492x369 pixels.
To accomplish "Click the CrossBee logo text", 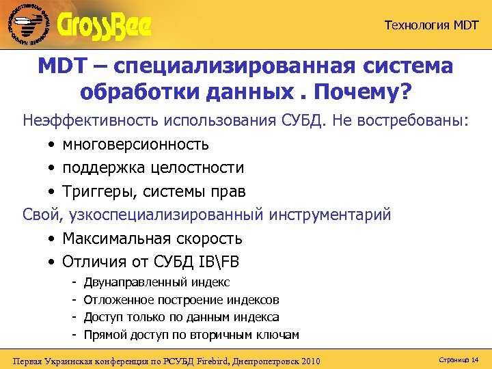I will tap(105, 26).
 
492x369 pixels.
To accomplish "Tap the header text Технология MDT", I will tap(431, 26).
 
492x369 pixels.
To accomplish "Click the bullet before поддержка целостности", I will tap(52, 168).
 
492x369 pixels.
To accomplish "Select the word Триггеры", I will tap(92, 191).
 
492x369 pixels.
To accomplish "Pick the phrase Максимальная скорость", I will tap(152, 239).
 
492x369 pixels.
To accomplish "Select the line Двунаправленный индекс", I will tap(156, 282).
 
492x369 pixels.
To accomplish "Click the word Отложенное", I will tap(119, 300).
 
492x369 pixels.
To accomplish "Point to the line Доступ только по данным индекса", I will tap(181, 317).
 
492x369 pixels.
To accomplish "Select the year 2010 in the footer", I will tap(307, 360).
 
